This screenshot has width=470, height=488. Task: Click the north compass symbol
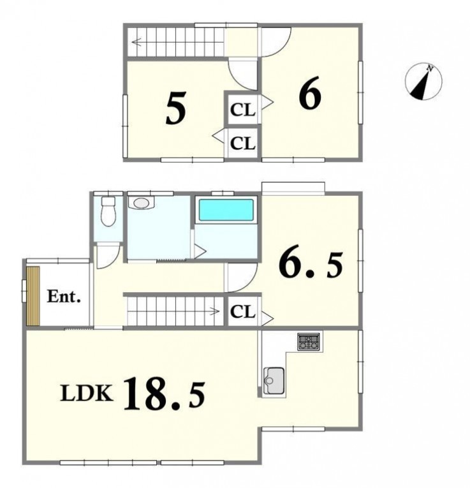(423, 82)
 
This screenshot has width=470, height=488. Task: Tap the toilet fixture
(108, 211)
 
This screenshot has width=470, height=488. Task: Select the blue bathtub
(226, 210)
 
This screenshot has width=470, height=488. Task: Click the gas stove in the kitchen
(308, 342)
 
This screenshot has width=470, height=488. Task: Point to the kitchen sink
(274, 380)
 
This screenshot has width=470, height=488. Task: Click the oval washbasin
(141, 203)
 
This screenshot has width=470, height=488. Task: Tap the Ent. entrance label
(64, 296)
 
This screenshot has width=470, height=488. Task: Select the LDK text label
(87, 393)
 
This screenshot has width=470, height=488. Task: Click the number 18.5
(165, 394)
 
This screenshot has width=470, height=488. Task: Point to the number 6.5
(311, 265)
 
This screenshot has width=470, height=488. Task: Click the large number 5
(176, 108)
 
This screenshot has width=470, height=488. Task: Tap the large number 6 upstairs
(310, 92)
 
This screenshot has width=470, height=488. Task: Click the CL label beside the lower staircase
(242, 311)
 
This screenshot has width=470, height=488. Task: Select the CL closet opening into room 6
(242, 110)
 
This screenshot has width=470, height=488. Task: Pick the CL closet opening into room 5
(242, 144)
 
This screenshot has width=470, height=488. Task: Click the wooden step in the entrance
(33, 296)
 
